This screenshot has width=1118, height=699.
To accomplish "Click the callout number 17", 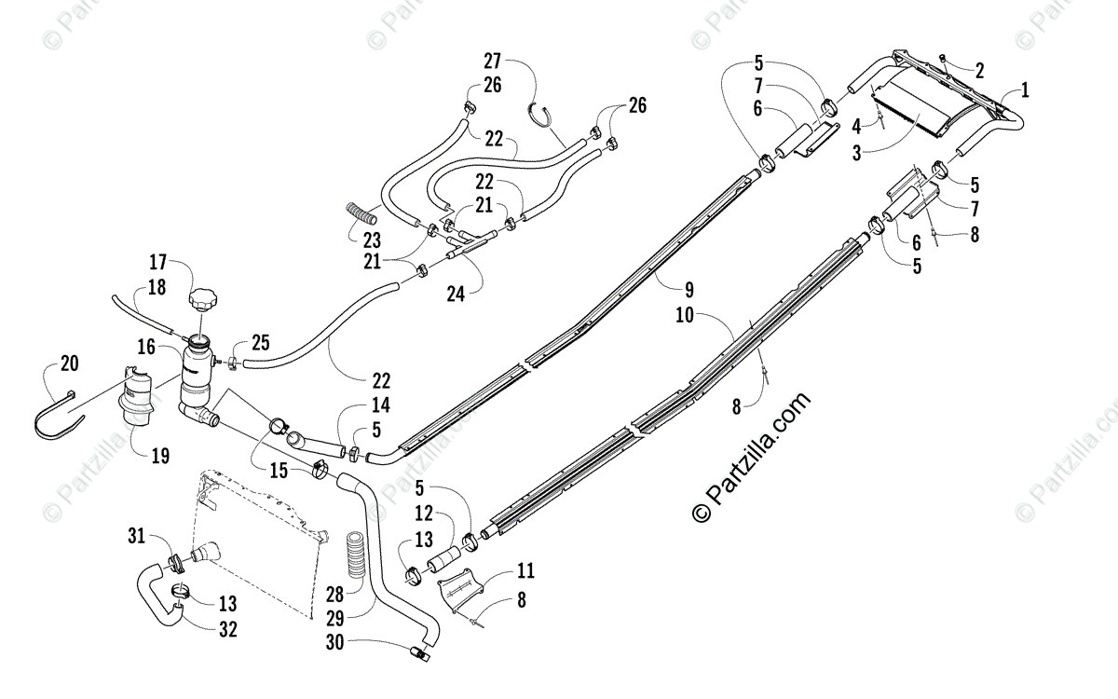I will coord(157,262).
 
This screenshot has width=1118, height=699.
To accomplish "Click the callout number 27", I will coord(493,62).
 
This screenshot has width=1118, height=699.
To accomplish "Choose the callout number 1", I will coord(1025,90).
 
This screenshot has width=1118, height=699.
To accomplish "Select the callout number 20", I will coord(69,363).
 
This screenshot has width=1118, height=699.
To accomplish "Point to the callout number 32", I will coord(228,629).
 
